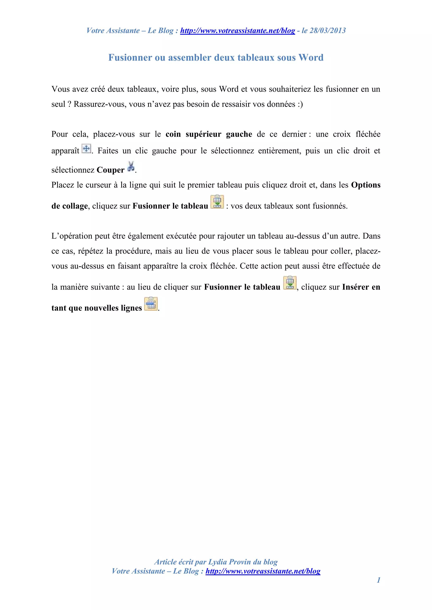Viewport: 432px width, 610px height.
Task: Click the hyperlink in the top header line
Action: (x=238, y=31)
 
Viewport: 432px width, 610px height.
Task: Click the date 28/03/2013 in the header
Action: (x=328, y=31)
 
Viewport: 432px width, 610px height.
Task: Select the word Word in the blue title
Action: (x=311, y=58)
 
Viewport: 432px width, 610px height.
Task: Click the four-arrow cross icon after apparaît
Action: (x=86, y=149)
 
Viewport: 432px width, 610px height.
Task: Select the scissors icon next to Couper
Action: (x=131, y=167)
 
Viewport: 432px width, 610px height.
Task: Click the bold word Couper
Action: (x=110, y=170)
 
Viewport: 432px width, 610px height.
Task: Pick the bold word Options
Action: (x=366, y=185)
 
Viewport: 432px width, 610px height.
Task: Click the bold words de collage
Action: (x=69, y=206)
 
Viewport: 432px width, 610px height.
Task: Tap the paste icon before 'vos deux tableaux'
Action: (x=217, y=202)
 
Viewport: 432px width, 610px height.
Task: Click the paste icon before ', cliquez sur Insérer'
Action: (x=290, y=283)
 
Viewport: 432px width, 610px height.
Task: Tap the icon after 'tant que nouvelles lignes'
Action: (x=151, y=304)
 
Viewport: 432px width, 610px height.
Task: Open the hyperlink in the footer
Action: (x=263, y=571)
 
